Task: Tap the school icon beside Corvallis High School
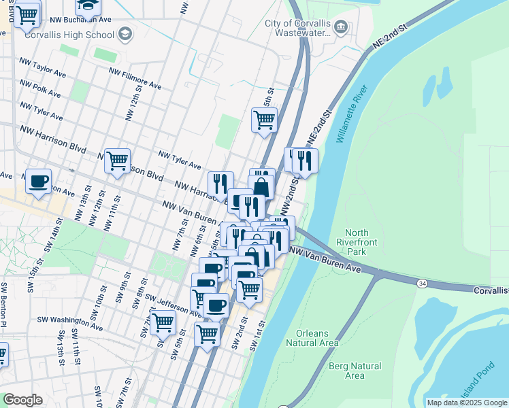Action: click(125, 33)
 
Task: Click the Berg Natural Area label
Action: click(355, 371)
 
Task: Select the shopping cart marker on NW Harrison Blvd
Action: click(117, 161)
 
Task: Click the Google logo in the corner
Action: click(22, 400)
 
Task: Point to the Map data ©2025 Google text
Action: click(466, 403)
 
